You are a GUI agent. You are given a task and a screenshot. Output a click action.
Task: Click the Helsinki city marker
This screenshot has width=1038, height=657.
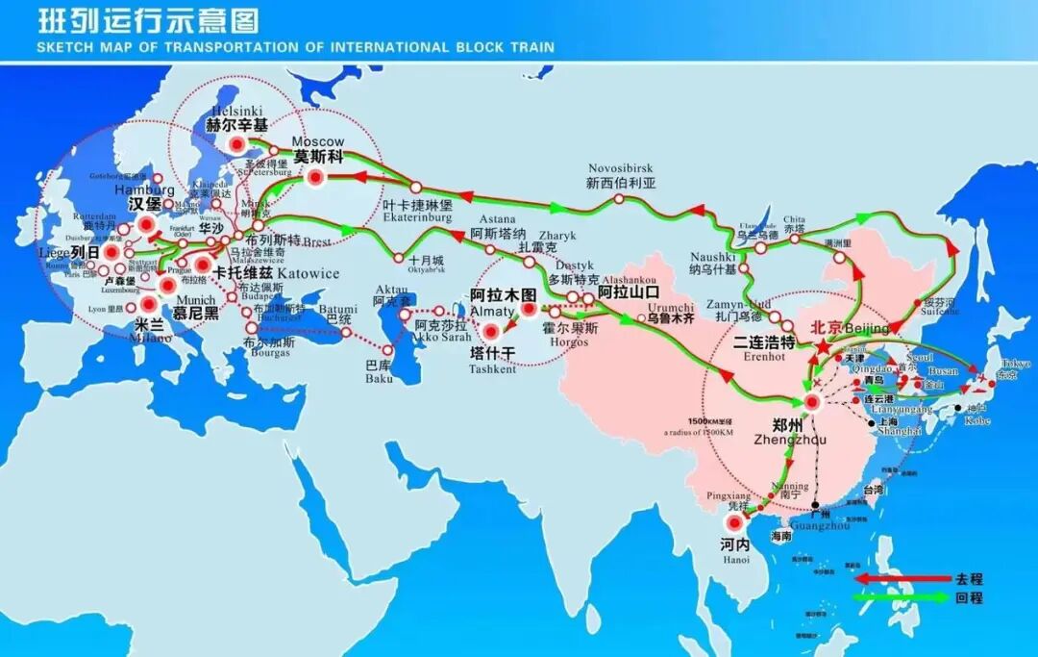(236, 145)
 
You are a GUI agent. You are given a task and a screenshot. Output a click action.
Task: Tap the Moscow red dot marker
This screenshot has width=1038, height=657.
(316, 176)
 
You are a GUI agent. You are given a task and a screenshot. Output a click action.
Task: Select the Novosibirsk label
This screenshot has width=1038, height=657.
(620, 168)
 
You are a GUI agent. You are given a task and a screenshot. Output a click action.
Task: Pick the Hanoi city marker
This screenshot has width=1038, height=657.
(735, 524)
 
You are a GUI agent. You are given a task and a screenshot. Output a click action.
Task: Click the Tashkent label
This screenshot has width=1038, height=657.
(492, 368)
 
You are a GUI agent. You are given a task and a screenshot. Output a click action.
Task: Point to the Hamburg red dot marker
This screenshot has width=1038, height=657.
(145, 225)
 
